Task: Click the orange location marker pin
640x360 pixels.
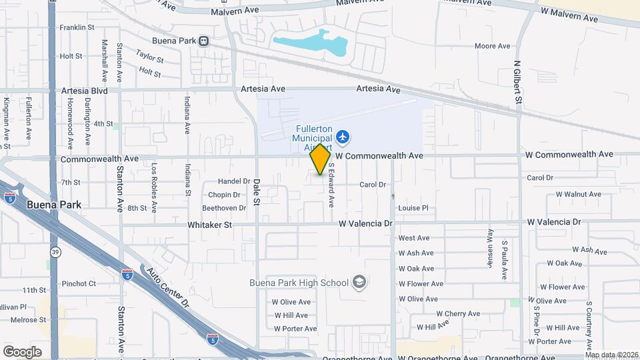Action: (321, 159)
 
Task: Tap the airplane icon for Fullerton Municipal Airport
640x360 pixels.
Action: (343, 137)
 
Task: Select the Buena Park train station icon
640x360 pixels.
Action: (204, 41)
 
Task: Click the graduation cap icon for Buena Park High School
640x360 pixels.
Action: (359, 282)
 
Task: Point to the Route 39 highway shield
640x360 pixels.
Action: (54, 251)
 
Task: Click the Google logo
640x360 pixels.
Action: (22, 351)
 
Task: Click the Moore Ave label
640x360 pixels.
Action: (492, 46)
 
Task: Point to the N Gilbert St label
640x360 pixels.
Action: (517, 81)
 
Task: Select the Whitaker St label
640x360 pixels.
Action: (209, 225)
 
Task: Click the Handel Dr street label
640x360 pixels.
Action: (233, 181)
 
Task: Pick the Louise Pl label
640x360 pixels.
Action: (413, 208)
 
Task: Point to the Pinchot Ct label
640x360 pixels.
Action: (79, 283)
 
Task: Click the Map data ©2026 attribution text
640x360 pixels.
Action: (611, 355)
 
